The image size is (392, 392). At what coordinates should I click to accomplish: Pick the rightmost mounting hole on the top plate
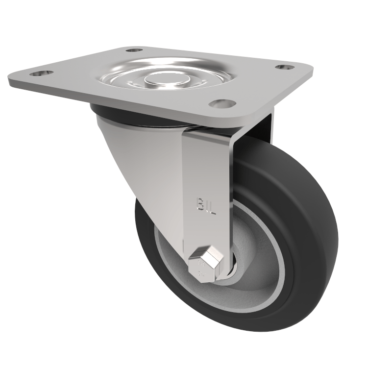(x=283, y=67)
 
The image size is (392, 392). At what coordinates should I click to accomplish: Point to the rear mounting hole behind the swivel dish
(x=133, y=50)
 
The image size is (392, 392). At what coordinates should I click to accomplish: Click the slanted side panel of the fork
(x=142, y=162)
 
